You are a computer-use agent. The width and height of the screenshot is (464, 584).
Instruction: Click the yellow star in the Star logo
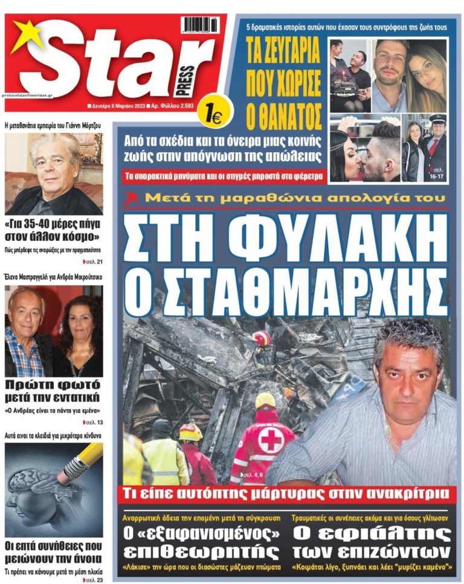pos(25,36)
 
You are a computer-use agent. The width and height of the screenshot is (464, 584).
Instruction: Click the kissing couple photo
pos(364,149)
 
